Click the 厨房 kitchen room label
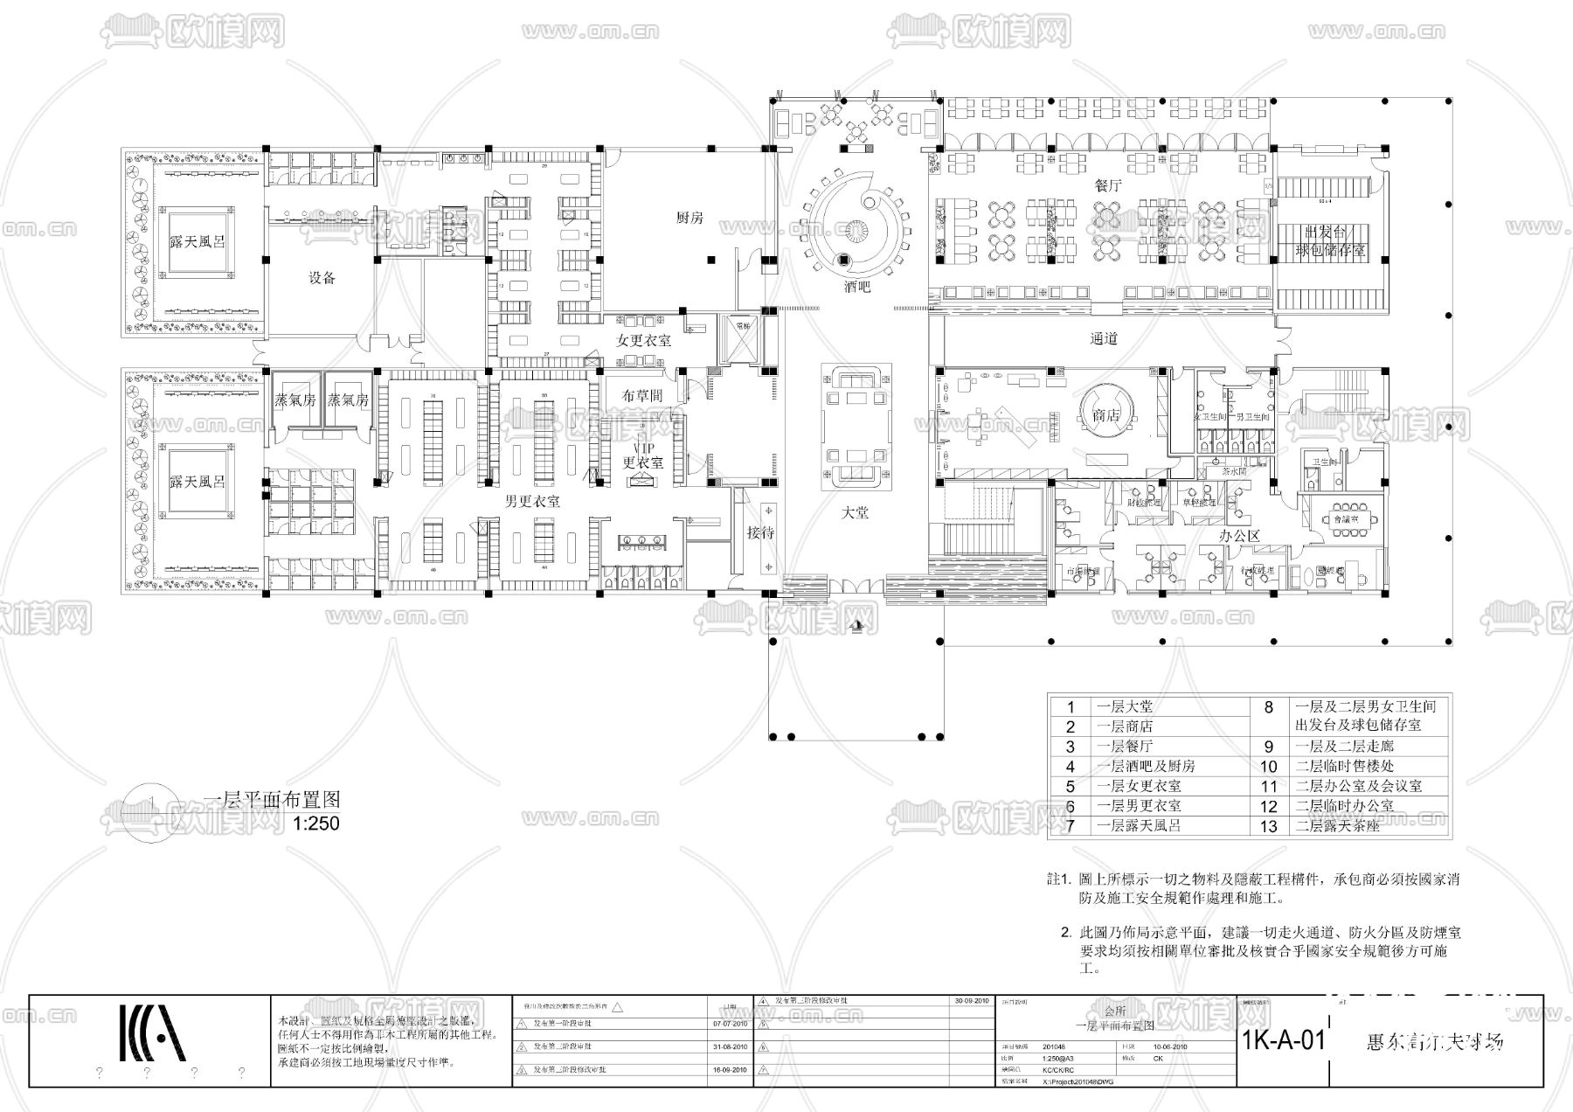point(689,218)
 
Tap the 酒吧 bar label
point(856,287)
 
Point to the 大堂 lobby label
point(855,513)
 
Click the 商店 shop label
point(1106,415)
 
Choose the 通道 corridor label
point(1104,338)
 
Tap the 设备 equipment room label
point(322,278)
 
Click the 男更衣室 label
point(532,502)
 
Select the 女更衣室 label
point(643,340)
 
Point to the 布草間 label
point(642,395)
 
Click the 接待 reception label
point(760,532)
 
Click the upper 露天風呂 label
point(197,240)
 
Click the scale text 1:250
point(315,824)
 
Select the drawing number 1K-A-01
point(1283,1040)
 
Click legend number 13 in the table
point(1268,826)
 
